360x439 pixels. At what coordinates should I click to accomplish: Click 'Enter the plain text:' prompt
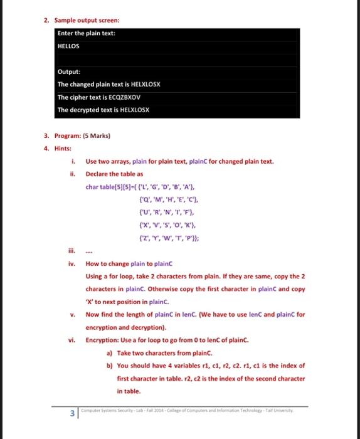click(x=86, y=33)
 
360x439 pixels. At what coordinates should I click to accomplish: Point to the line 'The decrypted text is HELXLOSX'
click(x=103, y=110)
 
